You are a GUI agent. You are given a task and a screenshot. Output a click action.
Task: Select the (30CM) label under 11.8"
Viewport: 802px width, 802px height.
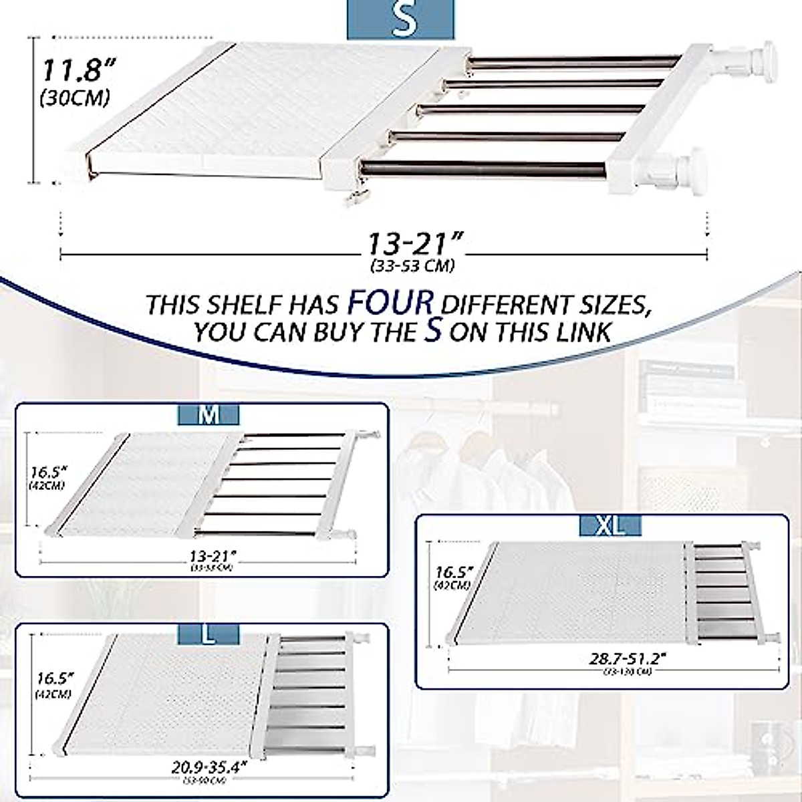pos(74,98)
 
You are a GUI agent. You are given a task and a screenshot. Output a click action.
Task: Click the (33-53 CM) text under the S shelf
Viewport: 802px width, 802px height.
pos(413,265)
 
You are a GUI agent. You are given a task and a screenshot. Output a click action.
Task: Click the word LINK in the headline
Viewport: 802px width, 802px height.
pos(583,332)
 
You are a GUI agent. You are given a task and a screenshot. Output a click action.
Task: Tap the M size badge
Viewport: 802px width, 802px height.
pos(209,415)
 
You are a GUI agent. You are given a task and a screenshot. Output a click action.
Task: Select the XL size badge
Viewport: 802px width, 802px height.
pos(611,526)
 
